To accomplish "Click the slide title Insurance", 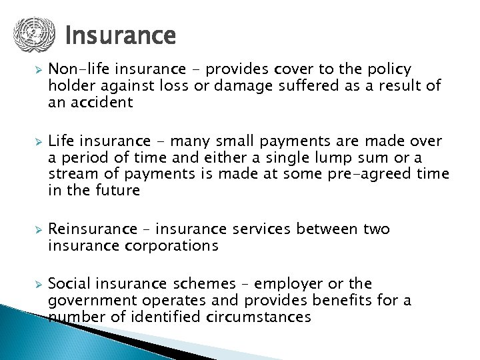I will [x=121, y=35].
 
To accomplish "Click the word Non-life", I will [x=76, y=69].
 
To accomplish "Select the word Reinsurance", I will [x=92, y=229].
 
